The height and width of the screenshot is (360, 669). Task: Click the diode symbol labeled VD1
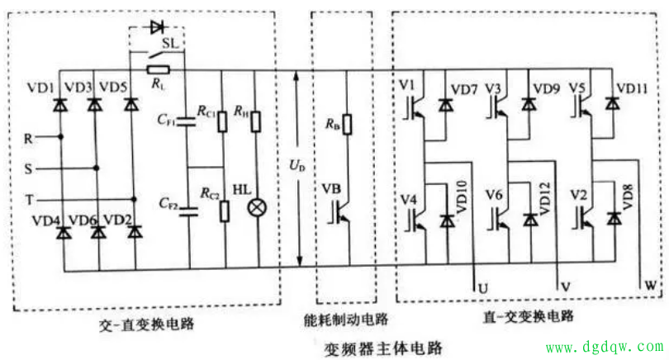click(59, 106)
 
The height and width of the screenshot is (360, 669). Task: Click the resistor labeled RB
click(347, 124)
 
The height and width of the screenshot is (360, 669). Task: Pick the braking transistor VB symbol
click(340, 209)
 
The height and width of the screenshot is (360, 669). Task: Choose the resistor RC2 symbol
click(223, 210)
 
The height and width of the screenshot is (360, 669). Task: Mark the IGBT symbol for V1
click(414, 107)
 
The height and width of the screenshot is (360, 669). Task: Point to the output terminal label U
click(483, 287)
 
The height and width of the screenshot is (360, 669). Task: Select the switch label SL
click(170, 42)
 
